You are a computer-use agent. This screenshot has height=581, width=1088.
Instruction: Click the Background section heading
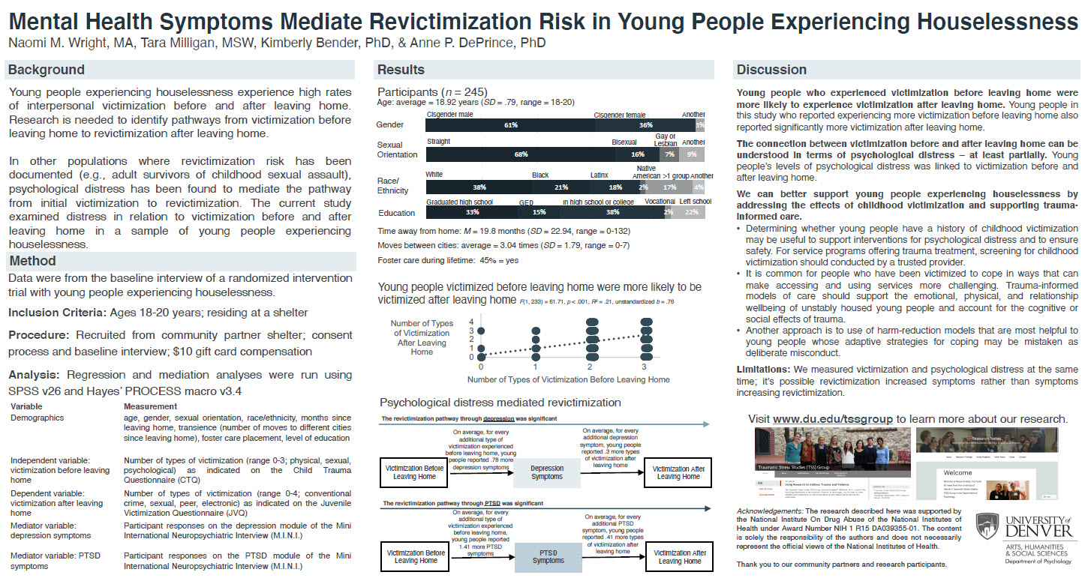pyautogui.click(x=46, y=70)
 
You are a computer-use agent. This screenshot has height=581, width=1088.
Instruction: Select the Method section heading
pyautogui.click(x=32, y=261)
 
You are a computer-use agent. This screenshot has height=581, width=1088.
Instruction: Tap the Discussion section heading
pyautogui.click(x=771, y=70)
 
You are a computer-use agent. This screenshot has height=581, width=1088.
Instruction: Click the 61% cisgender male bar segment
pyautogui.click(x=511, y=125)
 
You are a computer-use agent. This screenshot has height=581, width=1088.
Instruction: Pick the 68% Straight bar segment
pyautogui.click(x=520, y=154)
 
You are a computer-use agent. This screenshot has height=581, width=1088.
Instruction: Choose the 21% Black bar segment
pyautogui.click(x=561, y=187)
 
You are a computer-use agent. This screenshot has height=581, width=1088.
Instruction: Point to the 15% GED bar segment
pyautogui.click(x=539, y=213)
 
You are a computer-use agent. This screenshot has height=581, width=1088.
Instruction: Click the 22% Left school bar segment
pyautogui.click(x=690, y=213)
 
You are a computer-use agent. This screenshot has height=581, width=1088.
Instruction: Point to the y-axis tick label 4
pyautogui.click(x=471, y=322)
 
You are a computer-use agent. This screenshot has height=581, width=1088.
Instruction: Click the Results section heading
pyautogui.click(x=401, y=70)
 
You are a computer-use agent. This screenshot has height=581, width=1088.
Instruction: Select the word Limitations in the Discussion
pyautogui.click(x=761, y=370)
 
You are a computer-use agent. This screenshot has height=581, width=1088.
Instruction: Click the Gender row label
pyautogui.click(x=390, y=125)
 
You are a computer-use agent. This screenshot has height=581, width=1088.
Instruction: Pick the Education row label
pyautogui.click(x=397, y=214)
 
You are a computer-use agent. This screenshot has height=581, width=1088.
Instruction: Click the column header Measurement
pyautogui.click(x=151, y=406)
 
